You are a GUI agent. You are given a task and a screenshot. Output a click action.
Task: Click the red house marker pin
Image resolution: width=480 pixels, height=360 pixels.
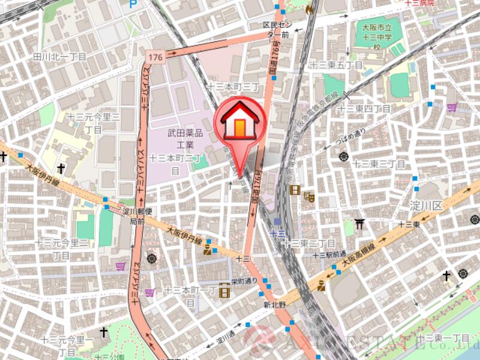[239, 123]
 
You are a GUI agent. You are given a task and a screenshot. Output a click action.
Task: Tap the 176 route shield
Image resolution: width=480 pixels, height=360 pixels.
[154, 57]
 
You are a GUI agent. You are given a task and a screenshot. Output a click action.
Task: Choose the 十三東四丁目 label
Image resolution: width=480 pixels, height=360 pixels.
[364, 109]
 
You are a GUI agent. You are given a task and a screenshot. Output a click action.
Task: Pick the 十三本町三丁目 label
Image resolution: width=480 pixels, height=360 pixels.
[233, 87]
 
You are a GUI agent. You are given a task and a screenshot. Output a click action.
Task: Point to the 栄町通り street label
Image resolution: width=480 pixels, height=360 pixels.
[246, 281]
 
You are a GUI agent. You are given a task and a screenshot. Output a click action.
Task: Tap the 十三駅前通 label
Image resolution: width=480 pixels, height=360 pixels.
[329, 255]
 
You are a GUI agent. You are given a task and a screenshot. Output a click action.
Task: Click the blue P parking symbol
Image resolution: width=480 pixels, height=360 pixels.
[133, 4]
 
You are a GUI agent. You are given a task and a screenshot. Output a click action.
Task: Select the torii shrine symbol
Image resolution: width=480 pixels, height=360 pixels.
[359, 224]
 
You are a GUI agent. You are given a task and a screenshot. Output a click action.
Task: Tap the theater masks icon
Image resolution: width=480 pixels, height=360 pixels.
[310, 196]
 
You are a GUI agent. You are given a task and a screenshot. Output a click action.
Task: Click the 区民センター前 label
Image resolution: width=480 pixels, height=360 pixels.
[277, 30]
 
